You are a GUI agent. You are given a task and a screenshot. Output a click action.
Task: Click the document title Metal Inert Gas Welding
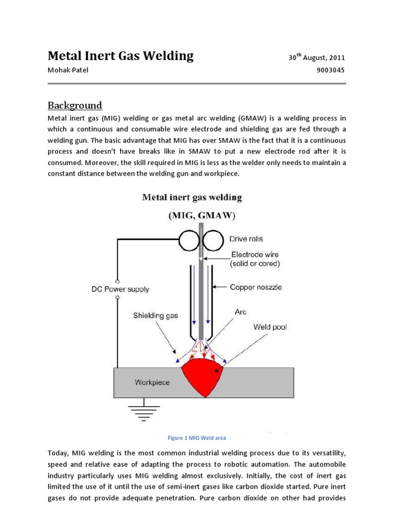tap(121, 56)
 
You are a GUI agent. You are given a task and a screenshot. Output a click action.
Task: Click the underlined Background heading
tap(75, 106)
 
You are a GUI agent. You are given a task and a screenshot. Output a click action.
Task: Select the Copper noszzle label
tap(256, 288)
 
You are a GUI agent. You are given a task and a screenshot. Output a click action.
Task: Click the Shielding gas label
tap(155, 315)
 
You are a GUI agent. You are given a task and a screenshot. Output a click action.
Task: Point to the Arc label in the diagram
tap(241, 311)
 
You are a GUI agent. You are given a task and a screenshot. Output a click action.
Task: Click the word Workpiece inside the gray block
tap(152, 382)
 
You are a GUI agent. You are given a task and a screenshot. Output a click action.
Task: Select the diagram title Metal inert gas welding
tap(192, 197)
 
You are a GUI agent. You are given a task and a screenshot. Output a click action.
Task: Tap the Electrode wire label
tap(256, 259)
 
